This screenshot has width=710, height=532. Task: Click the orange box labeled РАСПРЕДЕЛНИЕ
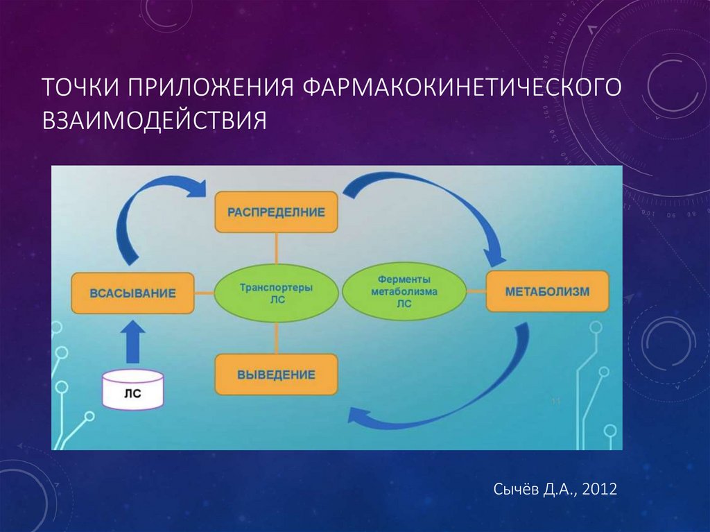(x=276, y=212)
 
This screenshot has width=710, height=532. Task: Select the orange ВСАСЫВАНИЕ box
(x=132, y=293)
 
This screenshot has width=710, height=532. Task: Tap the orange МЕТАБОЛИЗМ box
(x=547, y=291)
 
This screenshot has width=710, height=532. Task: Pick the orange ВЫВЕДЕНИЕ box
(x=276, y=375)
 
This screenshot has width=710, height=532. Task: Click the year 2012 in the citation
(x=600, y=490)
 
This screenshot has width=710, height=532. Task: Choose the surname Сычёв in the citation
(x=516, y=490)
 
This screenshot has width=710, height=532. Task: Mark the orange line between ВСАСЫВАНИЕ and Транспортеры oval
(x=204, y=293)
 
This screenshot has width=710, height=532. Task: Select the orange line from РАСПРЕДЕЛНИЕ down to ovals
(x=276, y=250)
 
